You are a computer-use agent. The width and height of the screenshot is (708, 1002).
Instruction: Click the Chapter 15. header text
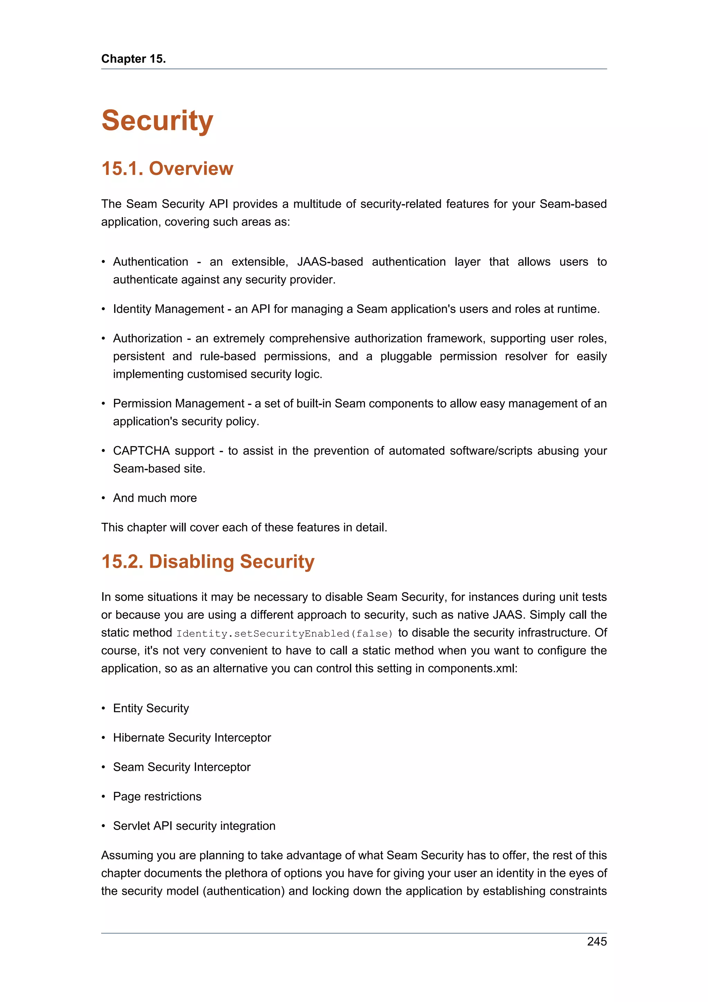pyautogui.click(x=133, y=58)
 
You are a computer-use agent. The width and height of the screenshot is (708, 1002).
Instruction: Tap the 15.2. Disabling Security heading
pyautogui.click(x=208, y=561)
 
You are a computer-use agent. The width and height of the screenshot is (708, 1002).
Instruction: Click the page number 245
pyautogui.click(x=596, y=941)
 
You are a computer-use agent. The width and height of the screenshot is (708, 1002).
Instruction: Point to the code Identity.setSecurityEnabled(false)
pyautogui.click(x=285, y=633)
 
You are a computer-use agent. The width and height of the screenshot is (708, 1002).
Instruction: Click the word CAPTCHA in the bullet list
pyautogui.click(x=141, y=451)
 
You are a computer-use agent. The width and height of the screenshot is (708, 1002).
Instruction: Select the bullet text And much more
pyautogui.click(x=155, y=498)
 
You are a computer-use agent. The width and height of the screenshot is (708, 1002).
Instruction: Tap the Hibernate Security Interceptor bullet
pyautogui.click(x=192, y=737)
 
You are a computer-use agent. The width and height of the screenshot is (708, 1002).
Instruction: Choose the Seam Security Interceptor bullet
pyautogui.click(x=181, y=767)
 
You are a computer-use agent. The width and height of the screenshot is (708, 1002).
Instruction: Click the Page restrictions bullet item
pyautogui.click(x=157, y=797)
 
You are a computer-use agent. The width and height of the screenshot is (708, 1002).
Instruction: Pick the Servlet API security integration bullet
pyautogui.click(x=194, y=826)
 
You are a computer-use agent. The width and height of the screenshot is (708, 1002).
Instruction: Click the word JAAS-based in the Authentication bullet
pyautogui.click(x=330, y=262)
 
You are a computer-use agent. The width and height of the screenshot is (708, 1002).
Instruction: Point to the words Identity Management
pyautogui.click(x=168, y=309)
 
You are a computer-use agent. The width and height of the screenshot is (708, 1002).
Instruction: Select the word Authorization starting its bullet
pyautogui.click(x=148, y=338)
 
